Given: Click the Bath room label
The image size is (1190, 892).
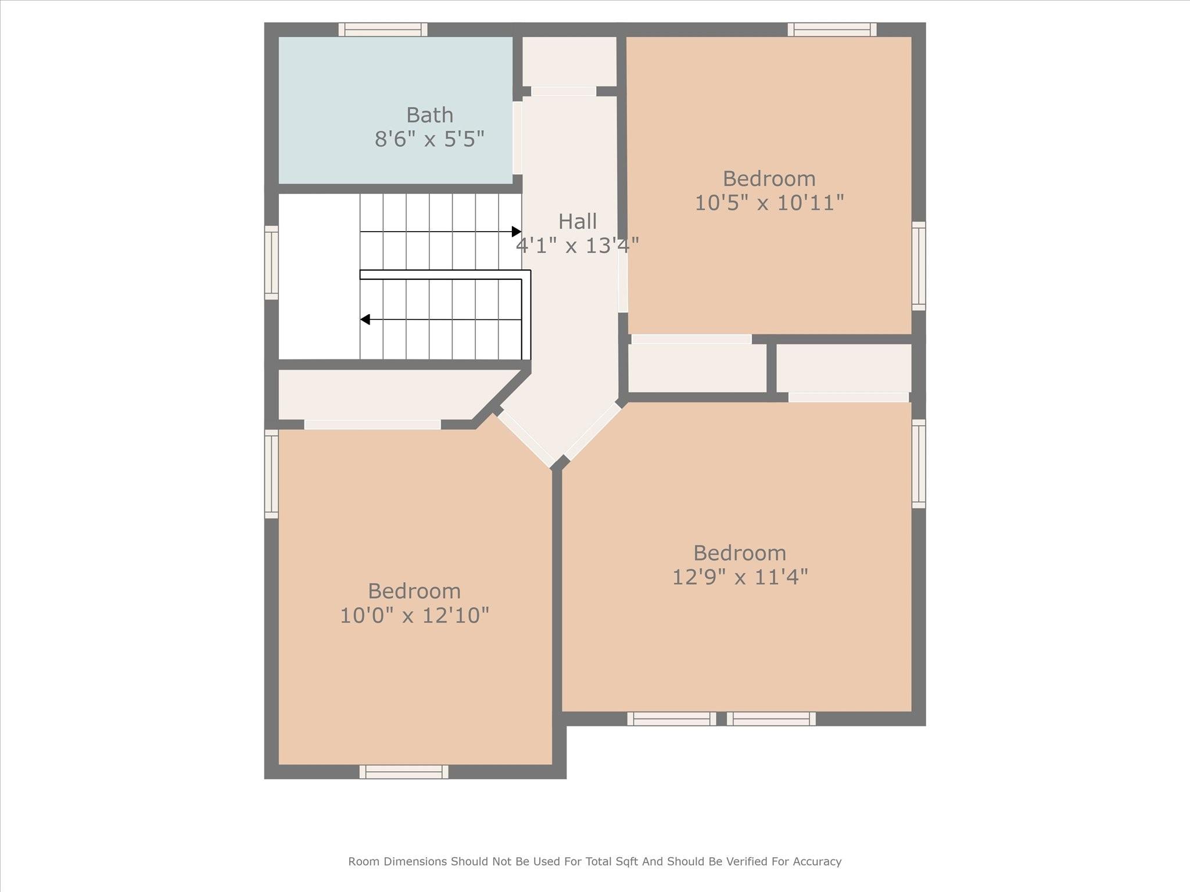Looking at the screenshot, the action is [429, 115].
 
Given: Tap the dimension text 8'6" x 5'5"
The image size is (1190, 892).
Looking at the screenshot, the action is [429, 139].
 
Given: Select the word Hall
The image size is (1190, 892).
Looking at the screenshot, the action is [578, 221].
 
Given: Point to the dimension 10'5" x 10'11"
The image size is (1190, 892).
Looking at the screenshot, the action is [769, 203].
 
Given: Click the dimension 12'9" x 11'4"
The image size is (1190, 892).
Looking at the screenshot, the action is [740, 577].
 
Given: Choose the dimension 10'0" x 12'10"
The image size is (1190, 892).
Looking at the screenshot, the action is [414, 616].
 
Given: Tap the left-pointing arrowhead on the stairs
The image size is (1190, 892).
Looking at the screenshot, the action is [365, 319].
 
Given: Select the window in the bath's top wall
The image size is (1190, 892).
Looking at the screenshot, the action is [383, 30].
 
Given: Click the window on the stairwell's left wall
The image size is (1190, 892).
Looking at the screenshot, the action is [271, 263].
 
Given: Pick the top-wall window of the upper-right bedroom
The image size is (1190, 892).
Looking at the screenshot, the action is [832, 30].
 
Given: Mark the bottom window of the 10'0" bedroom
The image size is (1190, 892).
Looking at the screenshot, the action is [404, 772].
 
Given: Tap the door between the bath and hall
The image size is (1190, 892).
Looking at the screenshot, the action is [517, 138].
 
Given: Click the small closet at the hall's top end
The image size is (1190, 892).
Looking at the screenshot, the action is [569, 62].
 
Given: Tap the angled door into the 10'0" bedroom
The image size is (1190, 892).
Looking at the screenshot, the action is [526, 439].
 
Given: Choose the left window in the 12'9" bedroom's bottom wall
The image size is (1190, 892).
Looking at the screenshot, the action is [672, 719].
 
